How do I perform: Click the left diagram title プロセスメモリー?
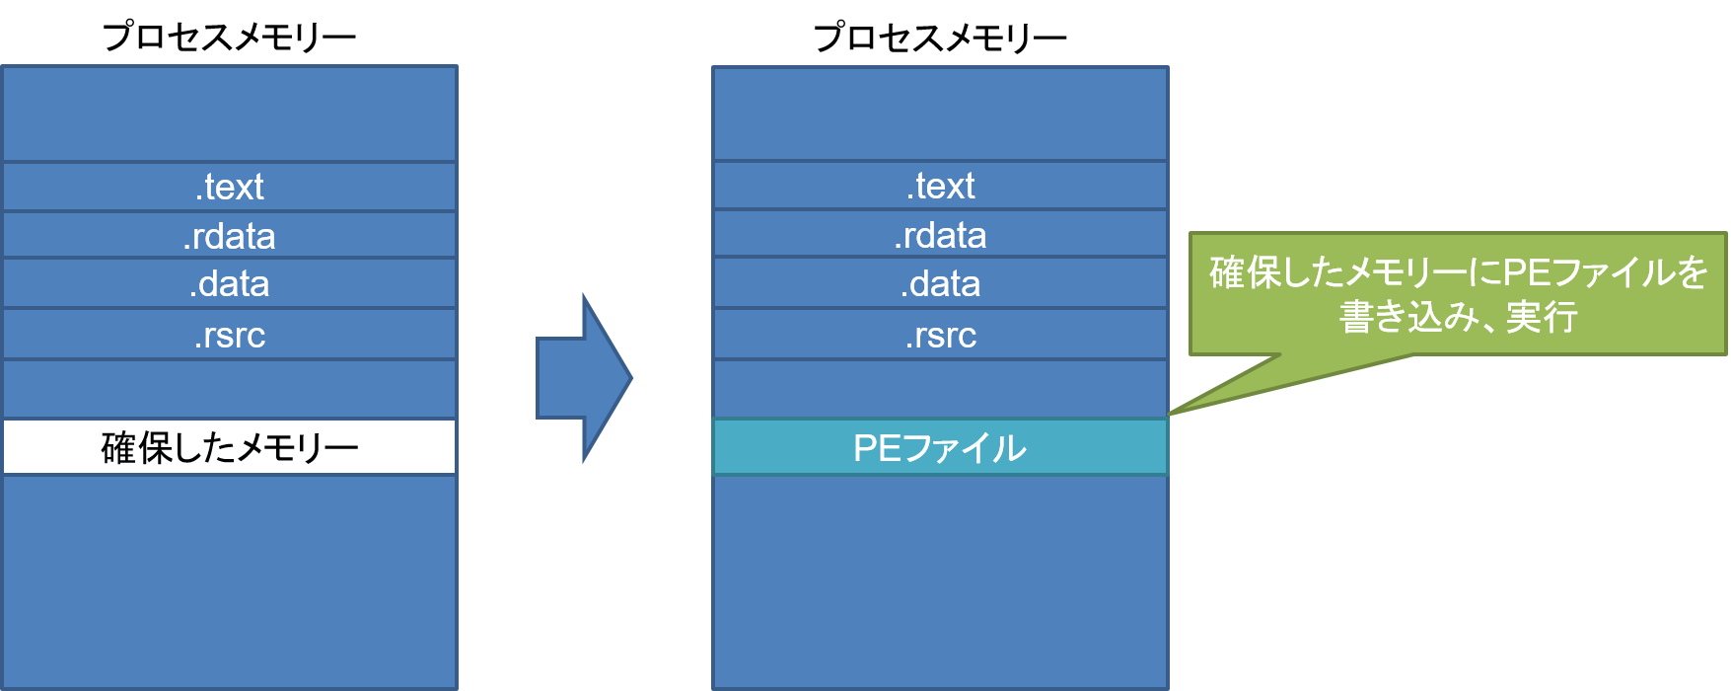[229, 38]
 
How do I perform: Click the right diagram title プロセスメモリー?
[940, 38]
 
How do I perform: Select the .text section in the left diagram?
[230, 187]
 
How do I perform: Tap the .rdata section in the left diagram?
[230, 236]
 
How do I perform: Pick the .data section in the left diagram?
[230, 284]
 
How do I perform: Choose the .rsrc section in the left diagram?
[230, 335]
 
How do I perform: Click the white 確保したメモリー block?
[230, 447]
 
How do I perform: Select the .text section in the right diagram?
[941, 186]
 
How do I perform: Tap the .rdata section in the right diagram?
[941, 235]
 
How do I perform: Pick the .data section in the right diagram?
[941, 284]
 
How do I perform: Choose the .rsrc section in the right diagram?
[941, 335]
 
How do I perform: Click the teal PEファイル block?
[941, 447]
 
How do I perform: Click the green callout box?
[1458, 294]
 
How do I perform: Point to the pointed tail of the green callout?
[1171, 413]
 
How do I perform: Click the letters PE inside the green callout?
[1526, 272]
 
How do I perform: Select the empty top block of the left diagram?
[230, 114]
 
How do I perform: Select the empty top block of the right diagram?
[941, 114]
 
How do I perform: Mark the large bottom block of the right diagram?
[941, 582]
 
